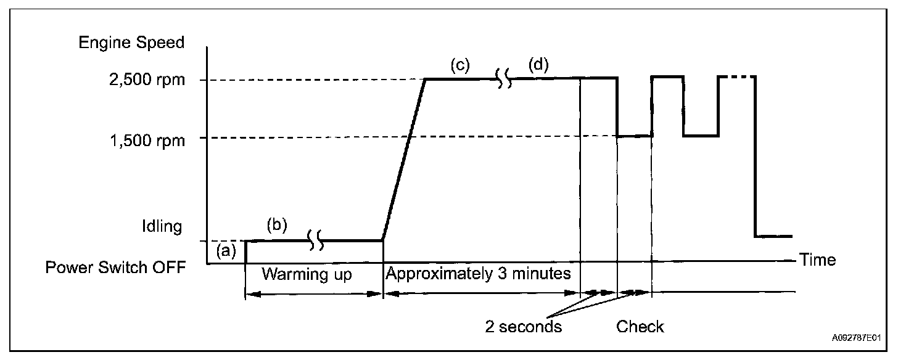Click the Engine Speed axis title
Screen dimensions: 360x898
(x=130, y=43)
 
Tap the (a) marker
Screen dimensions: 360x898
(x=226, y=250)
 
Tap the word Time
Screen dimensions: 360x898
(x=817, y=260)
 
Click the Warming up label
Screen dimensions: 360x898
(x=307, y=274)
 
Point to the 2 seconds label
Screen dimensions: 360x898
(x=524, y=326)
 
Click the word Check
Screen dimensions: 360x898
(x=640, y=326)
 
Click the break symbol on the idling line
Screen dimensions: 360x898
(x=316, y=241)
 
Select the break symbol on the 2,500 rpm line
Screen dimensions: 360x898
(x=504, y=79)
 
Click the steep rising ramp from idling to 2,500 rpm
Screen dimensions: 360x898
(x=404, y=159)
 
